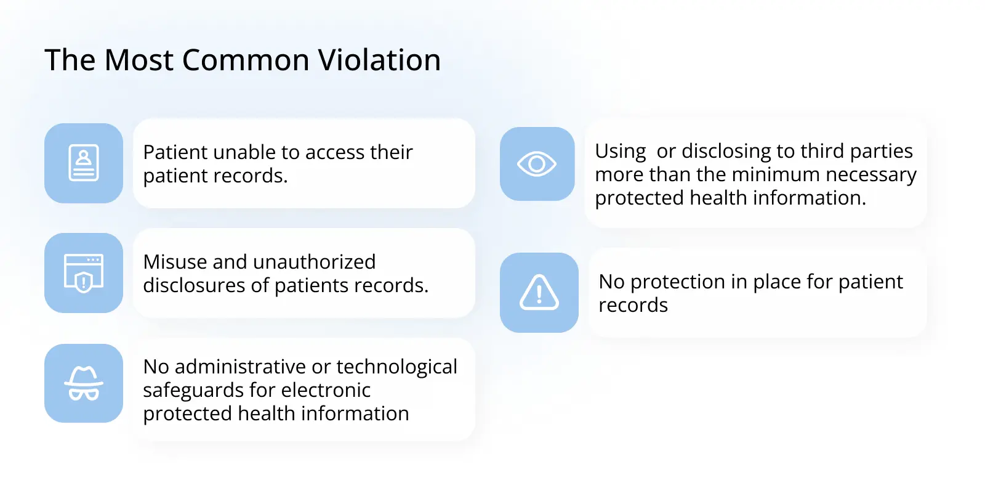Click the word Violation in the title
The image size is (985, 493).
tap(379, 60)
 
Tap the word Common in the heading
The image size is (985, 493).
tap(246, 60)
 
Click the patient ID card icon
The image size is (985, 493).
tap(84, 163)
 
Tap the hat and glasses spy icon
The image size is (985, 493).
tap(84, 383)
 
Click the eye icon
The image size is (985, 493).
tap(536, 164)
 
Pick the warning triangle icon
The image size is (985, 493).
tap(539, 292)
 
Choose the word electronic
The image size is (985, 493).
tap(326, 390)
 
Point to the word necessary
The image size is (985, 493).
tap(871, 175)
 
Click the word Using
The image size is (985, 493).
tap(621, 152)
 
